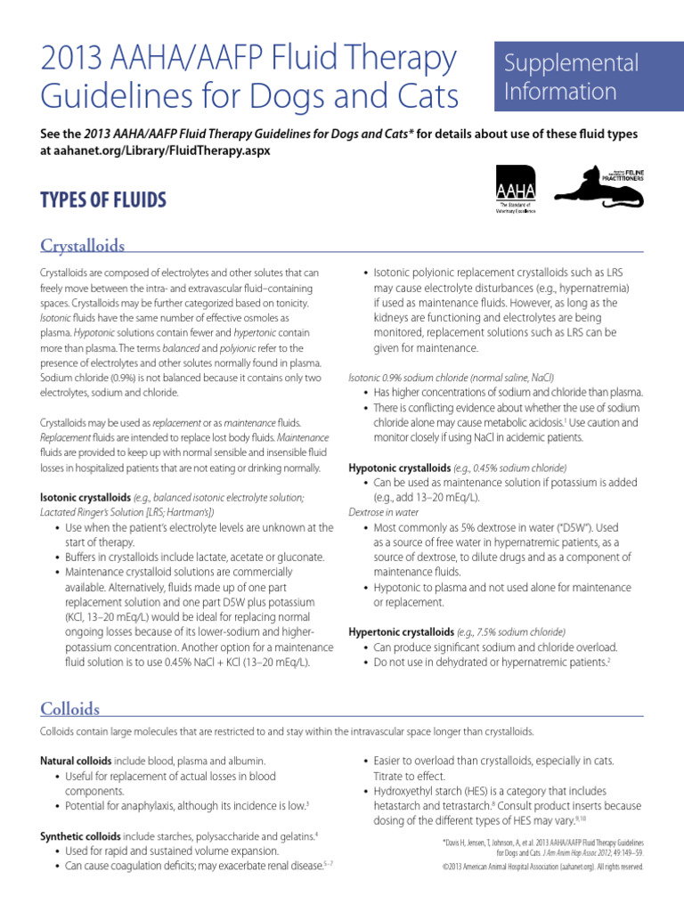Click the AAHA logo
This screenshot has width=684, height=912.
[x=507, y=190]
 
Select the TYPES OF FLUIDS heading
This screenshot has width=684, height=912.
[x=103, y=199]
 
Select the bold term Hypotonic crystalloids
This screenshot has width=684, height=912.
[x=400, y=468]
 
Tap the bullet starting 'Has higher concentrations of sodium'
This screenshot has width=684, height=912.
[x=508, y=393]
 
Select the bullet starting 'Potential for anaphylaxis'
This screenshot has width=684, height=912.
[x=187, y=805]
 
